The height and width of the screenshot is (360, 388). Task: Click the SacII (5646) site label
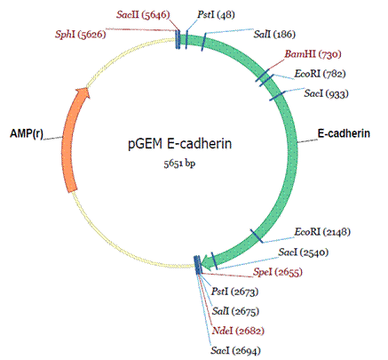click(143, 15)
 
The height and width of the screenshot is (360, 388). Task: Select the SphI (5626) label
click(81, 35)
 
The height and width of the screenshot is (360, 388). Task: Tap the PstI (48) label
click(216, 15)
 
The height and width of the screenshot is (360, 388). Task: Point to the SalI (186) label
click(274, 35)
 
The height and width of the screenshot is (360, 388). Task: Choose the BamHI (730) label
click(313, 54)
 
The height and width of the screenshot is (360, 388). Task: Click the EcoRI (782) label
click(320, 74)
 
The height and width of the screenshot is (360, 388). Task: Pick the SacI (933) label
click(327, 93)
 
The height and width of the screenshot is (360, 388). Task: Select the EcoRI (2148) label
click(322, 232)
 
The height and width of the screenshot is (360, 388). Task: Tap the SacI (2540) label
click(304, 252)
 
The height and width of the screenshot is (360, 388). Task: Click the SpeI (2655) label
click(278, 272)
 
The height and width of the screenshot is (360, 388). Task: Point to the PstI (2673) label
click(234, 292)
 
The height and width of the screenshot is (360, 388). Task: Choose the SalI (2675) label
click(235, 311)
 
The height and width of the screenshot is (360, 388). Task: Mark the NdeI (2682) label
click(238, 331)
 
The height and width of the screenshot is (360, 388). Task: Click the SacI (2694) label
click(235, 351)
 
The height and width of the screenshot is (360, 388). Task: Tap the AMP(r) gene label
click(27, 133)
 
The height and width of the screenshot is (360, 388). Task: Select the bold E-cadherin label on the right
click(344, 133)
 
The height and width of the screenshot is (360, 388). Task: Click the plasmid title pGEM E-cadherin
click(180, 144)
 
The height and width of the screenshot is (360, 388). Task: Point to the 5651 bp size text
click(179, 164)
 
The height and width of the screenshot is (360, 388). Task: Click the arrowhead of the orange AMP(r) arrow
click(83, 93)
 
